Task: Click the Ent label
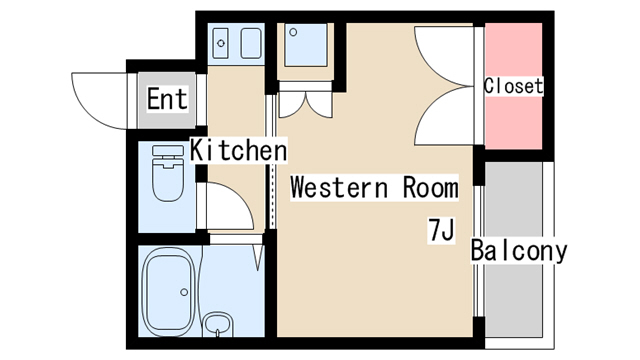pos(167,99)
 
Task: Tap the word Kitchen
pos(239,150)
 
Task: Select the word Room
pos(431,188)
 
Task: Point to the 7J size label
pos(441,231)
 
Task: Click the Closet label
pos(513,87)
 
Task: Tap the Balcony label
pos(519,250)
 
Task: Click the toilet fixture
pos(168,173)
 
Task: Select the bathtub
pos(169,291)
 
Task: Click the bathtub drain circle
pos(184,292)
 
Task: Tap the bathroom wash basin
pos(218,325)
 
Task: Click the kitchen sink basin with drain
pos(221,43)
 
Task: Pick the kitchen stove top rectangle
pos(251,43)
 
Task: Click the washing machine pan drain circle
pos(293,32)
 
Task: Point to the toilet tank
pos(168,151)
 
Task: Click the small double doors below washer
pos(305,104)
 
